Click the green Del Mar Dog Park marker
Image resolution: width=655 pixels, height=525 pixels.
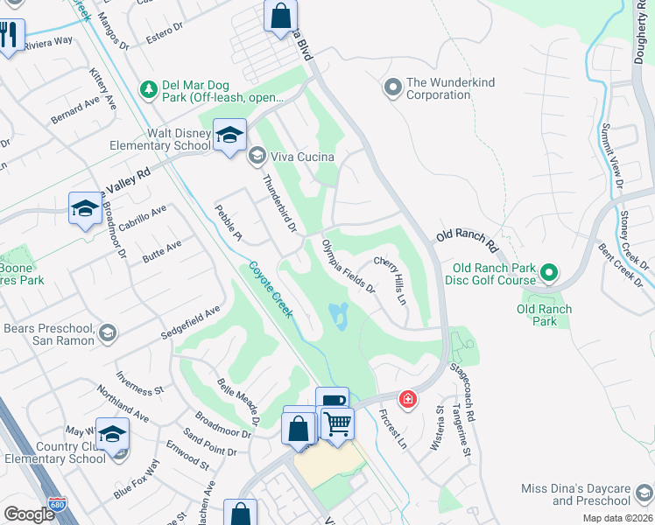coord(149,88)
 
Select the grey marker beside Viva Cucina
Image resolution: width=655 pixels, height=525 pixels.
coord(257,157)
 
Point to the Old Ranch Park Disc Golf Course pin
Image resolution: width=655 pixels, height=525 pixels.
coord(549,272)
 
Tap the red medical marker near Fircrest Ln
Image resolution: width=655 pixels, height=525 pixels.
coord(407,400)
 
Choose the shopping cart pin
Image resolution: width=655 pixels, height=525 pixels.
coord(337,425)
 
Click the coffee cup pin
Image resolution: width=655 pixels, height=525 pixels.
coord(332,402)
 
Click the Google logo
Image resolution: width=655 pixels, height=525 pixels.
coord(29,514)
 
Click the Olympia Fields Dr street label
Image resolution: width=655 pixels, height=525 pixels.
coord(348,266)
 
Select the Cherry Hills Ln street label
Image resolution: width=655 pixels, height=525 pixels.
coord(391,280)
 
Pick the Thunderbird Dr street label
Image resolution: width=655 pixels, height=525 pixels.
coord(280,204)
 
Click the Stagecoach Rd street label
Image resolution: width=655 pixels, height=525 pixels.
coord(461,395)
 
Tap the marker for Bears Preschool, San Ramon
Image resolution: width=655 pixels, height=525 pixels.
coord(107,332)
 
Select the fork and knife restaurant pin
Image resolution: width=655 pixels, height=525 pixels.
coord(10,36)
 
